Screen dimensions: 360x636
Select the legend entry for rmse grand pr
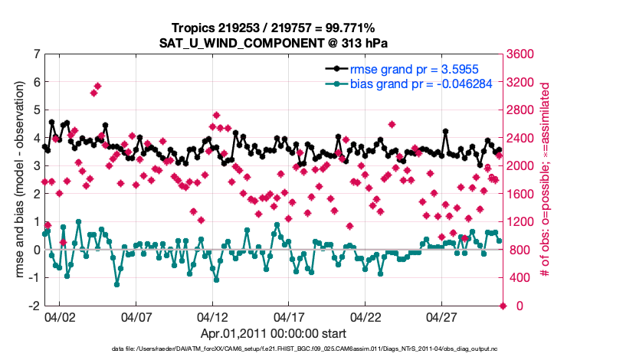tap(415, 69)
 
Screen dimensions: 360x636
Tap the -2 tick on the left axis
tap(34, 306)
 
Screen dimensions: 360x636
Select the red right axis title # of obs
tap(546, 180)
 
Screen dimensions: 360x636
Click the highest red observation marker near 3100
tap(97, 86)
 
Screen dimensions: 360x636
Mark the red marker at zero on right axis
tap(503, 306)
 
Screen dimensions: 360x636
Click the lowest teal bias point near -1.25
tap(116, 284)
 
